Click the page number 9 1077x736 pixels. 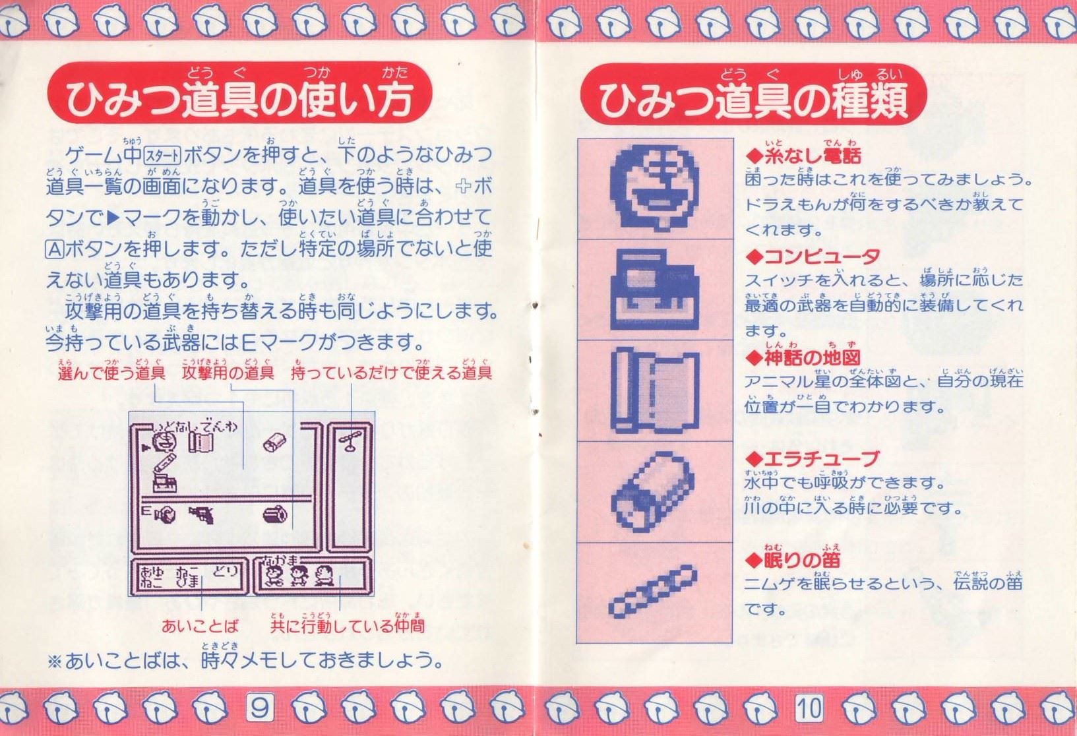(260, 708)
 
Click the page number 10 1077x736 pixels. (809, 708)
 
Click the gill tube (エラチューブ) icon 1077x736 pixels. (652, 492)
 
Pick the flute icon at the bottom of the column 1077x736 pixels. (653, 591)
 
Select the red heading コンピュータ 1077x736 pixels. (813, 257)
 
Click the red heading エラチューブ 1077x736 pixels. (812, 458)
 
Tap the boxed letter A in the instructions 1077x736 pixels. (54, 249)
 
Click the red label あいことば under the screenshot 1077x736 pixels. (200, 627)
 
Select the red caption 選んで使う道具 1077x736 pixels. (111, 373)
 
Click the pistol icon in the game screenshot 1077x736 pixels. (201, 515)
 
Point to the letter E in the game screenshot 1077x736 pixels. (146, 510)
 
